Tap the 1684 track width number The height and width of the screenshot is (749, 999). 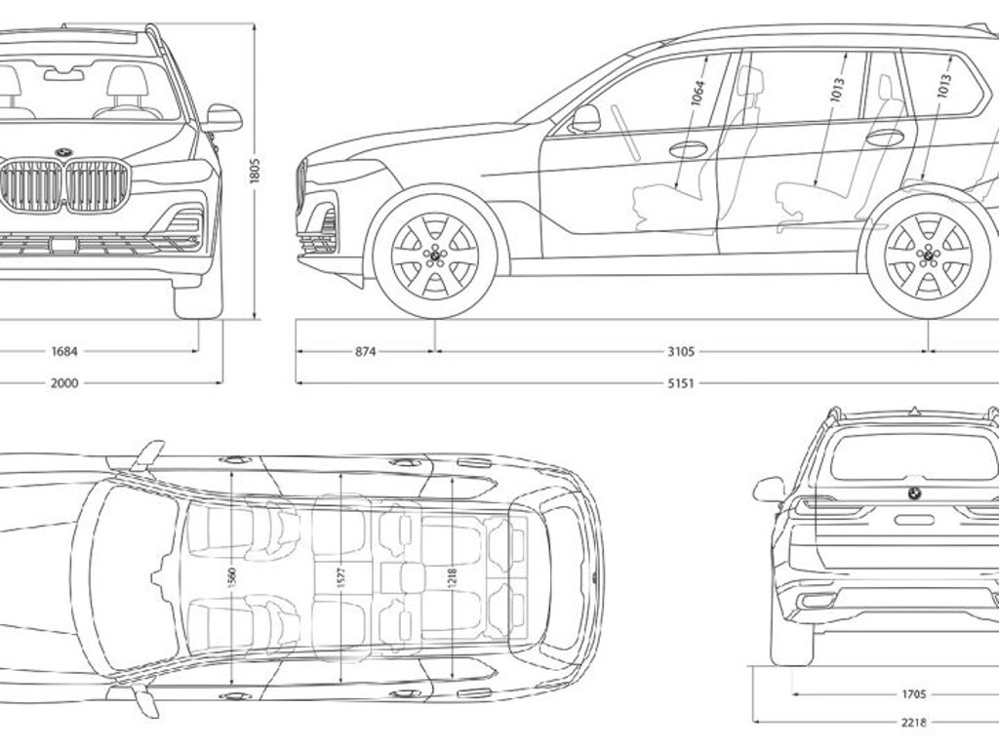[64, 351]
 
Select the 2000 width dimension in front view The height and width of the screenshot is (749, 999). [64, 383]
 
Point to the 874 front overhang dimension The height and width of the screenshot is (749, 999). [365, 351]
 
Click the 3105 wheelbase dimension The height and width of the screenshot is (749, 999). [681, 351]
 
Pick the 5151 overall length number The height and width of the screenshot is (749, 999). [681, 383]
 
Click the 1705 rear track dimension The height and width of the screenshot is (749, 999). [914, 694]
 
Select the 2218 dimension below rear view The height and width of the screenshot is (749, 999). [914, 723]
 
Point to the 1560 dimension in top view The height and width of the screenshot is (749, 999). [231, 577]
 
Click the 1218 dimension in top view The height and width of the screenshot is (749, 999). [451, 577]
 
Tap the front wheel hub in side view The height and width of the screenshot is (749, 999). [435, 256]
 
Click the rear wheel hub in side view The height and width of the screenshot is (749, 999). [928, 256]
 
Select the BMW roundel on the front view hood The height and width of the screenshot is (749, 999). [64, 153]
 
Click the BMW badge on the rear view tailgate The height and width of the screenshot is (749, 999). [914, 493]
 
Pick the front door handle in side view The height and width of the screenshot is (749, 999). [689, 149]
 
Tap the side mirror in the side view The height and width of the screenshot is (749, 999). [585, 118]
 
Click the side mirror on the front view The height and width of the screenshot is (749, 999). [223, 117]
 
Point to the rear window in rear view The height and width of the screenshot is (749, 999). [913, 456]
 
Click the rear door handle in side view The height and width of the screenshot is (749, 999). [885, 138]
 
